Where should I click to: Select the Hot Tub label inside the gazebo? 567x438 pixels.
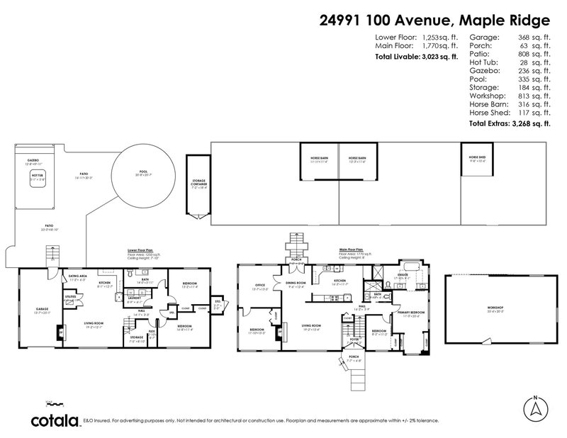coord(37,179)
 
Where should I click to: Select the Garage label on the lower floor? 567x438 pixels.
coord(42,309)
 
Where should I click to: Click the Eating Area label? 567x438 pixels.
coord(78,277)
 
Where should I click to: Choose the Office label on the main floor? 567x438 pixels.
coord(259,286)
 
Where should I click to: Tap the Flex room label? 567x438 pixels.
coord(151,331)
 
